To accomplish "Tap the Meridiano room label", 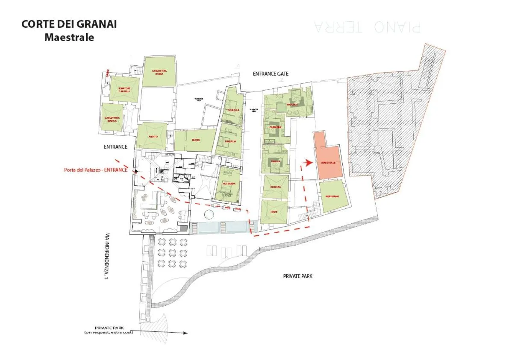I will click(x=332, y=196).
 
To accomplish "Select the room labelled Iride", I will click(x=274, y=212).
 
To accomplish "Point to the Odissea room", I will click(x=275, y=187).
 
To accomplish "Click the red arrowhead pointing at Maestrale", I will click(x=308, y=162).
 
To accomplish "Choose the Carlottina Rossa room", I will click(x=159, y=72).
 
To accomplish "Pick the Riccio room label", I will click(x=196, y=140).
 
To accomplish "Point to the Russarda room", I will click(x=229, y=184).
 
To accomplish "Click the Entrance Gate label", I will click(x=271, y=74).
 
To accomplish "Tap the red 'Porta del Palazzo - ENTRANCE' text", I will click(x=99, y=170).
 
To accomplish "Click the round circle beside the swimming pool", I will click(x=209, y=214).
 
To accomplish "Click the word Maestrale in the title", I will click(x=69, y=37).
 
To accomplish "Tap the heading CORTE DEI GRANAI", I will click(x=69, y=24).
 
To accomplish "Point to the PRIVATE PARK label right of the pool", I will click(x=297, y=276).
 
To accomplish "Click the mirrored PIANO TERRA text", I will click(x=367, y=27).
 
